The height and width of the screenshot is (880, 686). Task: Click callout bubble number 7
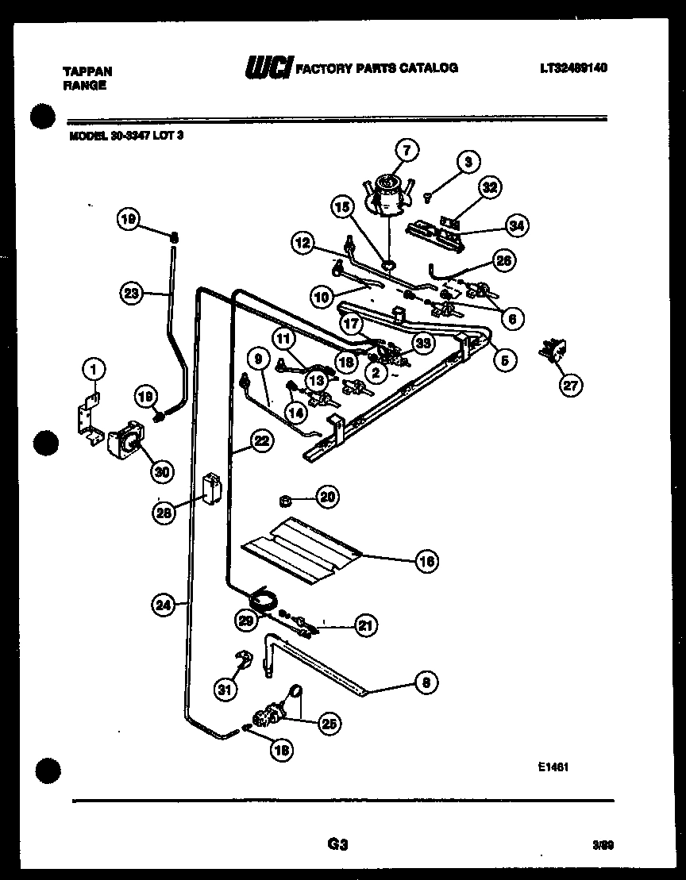pos(407,150)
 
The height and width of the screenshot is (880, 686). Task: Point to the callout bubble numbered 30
pos(161,472)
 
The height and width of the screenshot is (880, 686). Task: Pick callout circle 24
pos(162,605)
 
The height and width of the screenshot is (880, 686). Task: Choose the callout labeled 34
pos(516,226)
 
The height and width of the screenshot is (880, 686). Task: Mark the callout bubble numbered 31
pos(226,690)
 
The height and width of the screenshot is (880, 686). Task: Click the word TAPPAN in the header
pos(87,71)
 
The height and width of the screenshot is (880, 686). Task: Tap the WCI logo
pos(268,67)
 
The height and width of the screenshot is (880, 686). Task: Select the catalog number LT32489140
pos(572,68)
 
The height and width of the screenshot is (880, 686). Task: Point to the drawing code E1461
pos(552,767)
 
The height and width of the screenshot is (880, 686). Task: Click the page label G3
pos(337,845)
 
